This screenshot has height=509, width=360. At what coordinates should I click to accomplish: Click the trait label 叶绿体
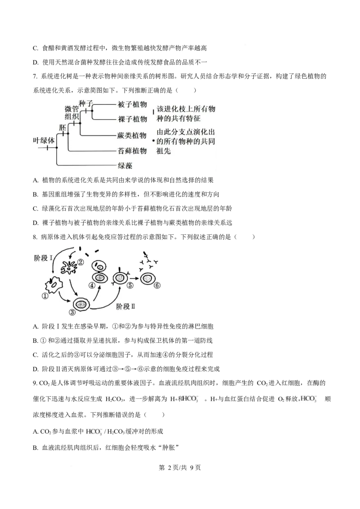click(44, 140)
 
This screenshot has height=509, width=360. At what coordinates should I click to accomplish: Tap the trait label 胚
click(63, 127)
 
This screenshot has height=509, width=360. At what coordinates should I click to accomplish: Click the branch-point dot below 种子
click(92, 111)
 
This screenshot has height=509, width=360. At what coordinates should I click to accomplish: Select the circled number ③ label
click(72, 313)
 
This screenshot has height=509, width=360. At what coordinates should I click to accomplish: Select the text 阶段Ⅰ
click(44, 258)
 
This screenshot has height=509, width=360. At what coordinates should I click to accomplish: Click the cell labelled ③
click(81, 304)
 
